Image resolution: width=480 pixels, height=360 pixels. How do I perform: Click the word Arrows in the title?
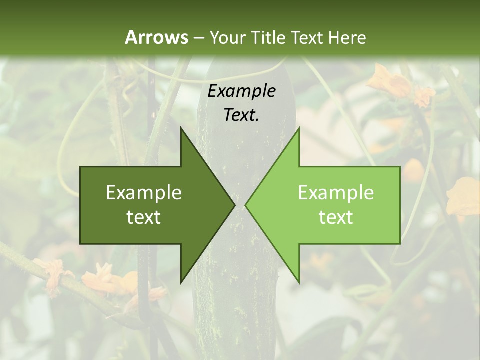click(156, 37)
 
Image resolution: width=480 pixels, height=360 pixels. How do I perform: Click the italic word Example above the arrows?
click(241, 91)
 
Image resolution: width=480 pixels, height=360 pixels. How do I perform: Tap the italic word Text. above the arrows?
click(241, 115)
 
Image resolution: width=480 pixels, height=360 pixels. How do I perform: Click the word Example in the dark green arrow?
click(144, 193)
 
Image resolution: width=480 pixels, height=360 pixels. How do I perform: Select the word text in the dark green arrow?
click(144, 217)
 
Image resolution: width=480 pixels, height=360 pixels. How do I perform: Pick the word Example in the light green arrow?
click(336, 193)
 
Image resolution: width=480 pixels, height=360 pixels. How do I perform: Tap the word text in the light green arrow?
click(336, 217)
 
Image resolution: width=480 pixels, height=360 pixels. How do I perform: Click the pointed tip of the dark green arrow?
click(235, 205)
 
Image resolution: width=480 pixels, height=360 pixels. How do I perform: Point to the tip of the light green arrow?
click(245, 205)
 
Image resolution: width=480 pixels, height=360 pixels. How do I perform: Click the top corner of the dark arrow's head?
click(181, 128)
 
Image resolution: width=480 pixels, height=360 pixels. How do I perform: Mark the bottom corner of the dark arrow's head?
click(181, 283)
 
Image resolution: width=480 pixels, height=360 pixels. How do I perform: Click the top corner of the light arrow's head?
click(299, 128)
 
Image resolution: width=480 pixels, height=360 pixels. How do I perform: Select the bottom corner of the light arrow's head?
click(299, 283)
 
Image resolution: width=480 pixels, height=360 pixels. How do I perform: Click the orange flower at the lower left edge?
click(52, 275)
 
